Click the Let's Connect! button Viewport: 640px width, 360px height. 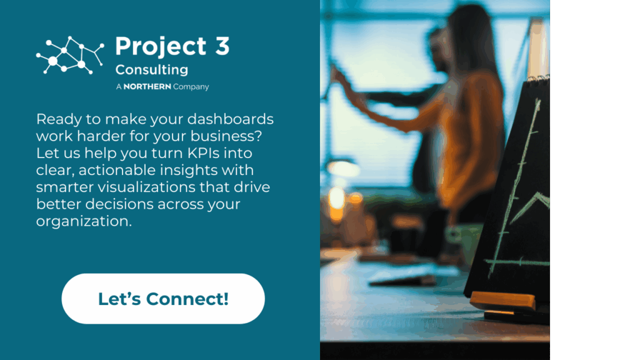163,299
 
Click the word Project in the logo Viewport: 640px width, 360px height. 161,47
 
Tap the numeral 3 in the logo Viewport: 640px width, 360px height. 222,46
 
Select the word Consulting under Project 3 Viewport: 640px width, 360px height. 151,70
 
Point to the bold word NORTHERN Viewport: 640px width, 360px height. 147,86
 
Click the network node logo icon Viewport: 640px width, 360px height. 70,55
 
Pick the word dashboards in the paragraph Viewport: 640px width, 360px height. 230,119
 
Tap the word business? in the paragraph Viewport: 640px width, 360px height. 226,136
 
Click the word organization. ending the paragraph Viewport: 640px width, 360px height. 84,221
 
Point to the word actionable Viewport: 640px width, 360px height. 117,170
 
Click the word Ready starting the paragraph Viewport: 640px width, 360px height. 58,119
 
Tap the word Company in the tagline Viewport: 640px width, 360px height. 191,87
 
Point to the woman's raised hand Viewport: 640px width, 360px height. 339,77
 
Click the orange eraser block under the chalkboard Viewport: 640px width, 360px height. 502,301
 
